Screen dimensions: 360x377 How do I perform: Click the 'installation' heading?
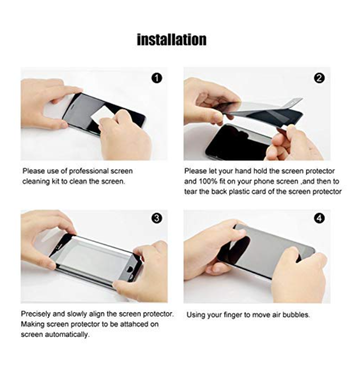(x=172, y=39)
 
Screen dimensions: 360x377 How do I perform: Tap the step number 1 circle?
(x=157, y=78)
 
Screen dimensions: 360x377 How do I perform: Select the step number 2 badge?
(x=319, y=78)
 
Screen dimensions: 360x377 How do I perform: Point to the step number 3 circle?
(x=157, y=218)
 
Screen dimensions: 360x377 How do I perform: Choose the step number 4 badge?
(x=319, y=218)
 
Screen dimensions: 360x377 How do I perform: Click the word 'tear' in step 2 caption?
(x=191, y=192)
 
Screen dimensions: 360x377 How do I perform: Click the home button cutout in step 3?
(x=130, y=268)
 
